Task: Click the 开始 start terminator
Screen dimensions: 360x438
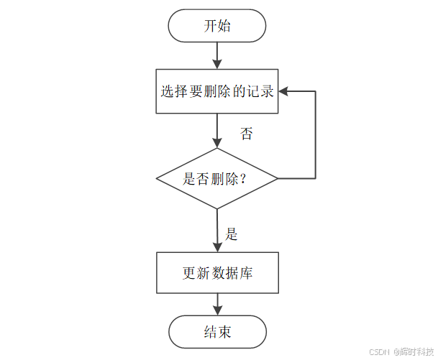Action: pyautogui.click(x=217, y=26)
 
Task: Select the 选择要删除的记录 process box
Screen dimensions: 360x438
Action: pyautogui.click(x=217, y=91)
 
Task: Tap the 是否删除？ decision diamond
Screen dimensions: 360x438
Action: pyautogui.click(x=217, y=178)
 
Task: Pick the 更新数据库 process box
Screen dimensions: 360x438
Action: pyautogui.click(x=217, y=273)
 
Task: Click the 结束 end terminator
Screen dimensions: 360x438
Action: pyautogui.click(x=217, y=332)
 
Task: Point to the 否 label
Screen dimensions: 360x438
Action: pyautogui.click(x=246, y=134)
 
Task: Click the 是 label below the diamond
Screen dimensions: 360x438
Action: pyautogui.click(x=232, y=234)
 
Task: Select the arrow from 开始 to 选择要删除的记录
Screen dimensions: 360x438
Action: pyautogui.click(x=217, y=55)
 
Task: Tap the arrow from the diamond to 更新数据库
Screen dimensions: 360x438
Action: pyautogui.click(x=217, y=230)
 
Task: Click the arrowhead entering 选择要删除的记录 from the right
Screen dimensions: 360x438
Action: pyautogui.click(x=283, y=91)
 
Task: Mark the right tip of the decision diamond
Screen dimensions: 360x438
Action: pyautogui.click(x=278, y=178)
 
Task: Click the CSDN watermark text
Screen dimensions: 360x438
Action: pyautogui.click(x=378, y=352)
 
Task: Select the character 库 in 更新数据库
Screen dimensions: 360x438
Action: pyautogui.click(x=246, y=274)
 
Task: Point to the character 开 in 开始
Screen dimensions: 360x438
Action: pyautogui.click(x=209, y=26)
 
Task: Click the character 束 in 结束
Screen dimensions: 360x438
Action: pyautogui.click(x=225, y=333)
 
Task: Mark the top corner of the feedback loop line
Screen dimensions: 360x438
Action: pyautogui.click(x=315, y=91)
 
